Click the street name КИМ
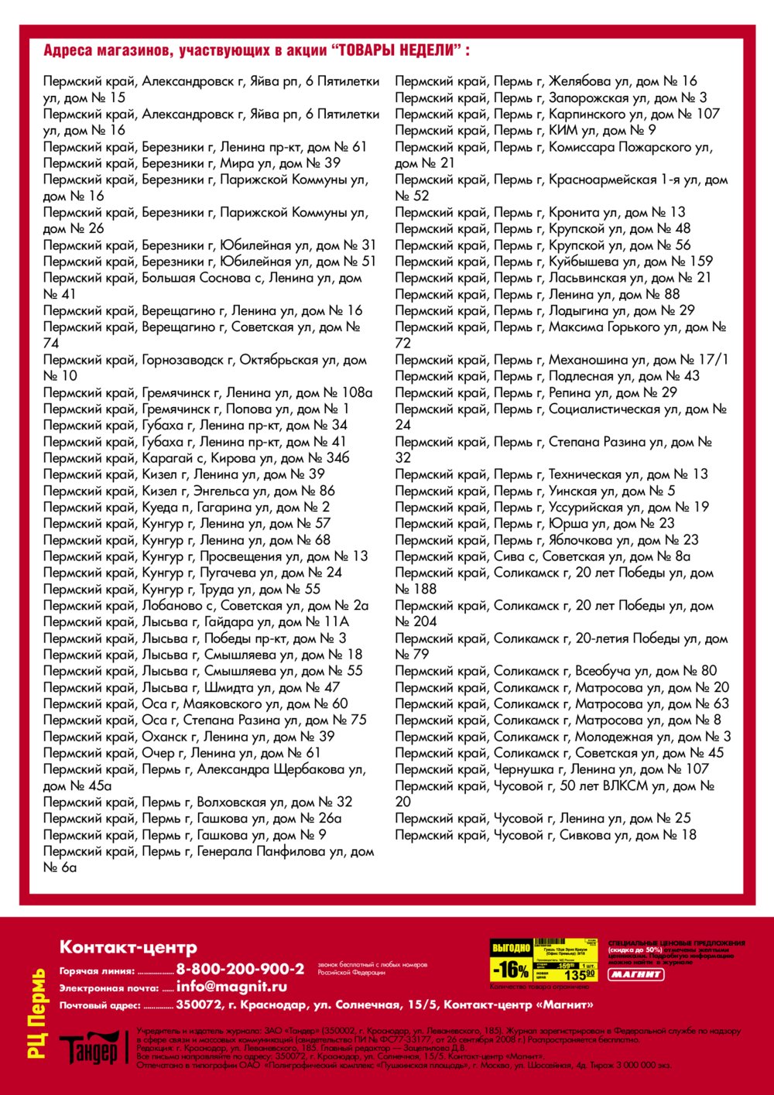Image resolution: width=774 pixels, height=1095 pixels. click(563, 130)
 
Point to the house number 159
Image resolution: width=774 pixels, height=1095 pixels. click(700, 262)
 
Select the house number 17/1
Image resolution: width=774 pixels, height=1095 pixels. click(711, 360)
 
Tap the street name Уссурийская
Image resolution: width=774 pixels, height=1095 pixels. click(585, 508)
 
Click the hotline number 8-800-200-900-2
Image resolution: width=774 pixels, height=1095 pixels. click(240, 969)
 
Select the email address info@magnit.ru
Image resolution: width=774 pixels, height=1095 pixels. click(231, 987)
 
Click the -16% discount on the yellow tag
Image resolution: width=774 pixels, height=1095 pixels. click(511, 970)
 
